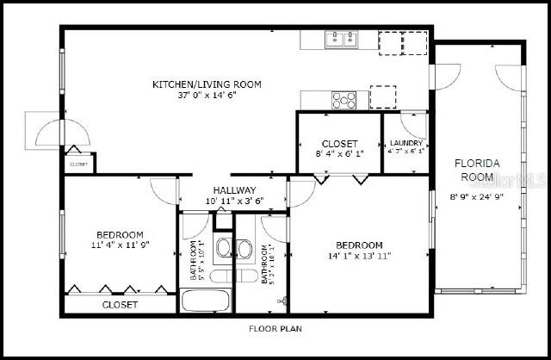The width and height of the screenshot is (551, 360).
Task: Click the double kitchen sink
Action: [341, 38]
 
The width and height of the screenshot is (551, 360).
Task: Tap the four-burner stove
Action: [344, 99]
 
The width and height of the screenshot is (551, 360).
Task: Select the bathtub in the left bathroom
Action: [205, 302]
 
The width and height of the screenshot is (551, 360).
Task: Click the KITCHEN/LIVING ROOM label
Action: [207, 84]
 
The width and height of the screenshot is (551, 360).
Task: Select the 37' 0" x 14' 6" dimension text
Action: [207, 96]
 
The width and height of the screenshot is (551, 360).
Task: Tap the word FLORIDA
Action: [479, 163]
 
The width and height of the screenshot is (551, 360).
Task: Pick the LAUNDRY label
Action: [406, 143]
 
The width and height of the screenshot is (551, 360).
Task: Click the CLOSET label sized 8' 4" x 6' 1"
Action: [339, 144]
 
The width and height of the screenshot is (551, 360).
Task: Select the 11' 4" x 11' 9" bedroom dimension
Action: [120, 245]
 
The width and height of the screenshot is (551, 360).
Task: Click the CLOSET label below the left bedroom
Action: [120, 305]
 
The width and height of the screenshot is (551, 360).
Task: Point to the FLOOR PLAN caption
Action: [275, 328]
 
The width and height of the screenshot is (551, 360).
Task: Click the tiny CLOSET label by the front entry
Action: [78, 164]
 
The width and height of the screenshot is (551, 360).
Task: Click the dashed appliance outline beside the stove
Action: [382, 96]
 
